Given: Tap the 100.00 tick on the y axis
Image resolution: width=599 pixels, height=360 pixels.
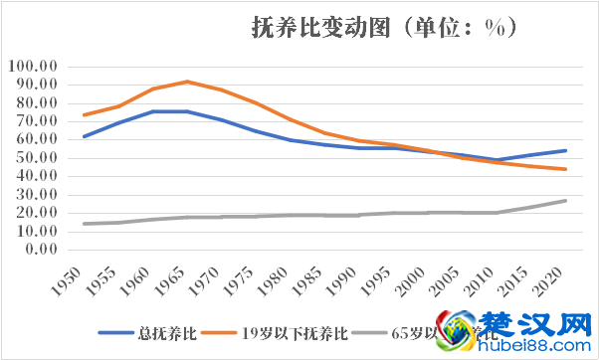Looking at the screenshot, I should click(x=34, y=66).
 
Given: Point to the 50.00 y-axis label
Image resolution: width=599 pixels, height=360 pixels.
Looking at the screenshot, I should click(x=37, y=157).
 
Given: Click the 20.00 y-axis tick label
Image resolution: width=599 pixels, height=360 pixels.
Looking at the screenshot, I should click(x=37, y=212).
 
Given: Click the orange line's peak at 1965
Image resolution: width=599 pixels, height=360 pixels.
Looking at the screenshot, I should click(x=186, y=82).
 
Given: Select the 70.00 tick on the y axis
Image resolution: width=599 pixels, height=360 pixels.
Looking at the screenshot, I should click(x=37, y=120).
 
